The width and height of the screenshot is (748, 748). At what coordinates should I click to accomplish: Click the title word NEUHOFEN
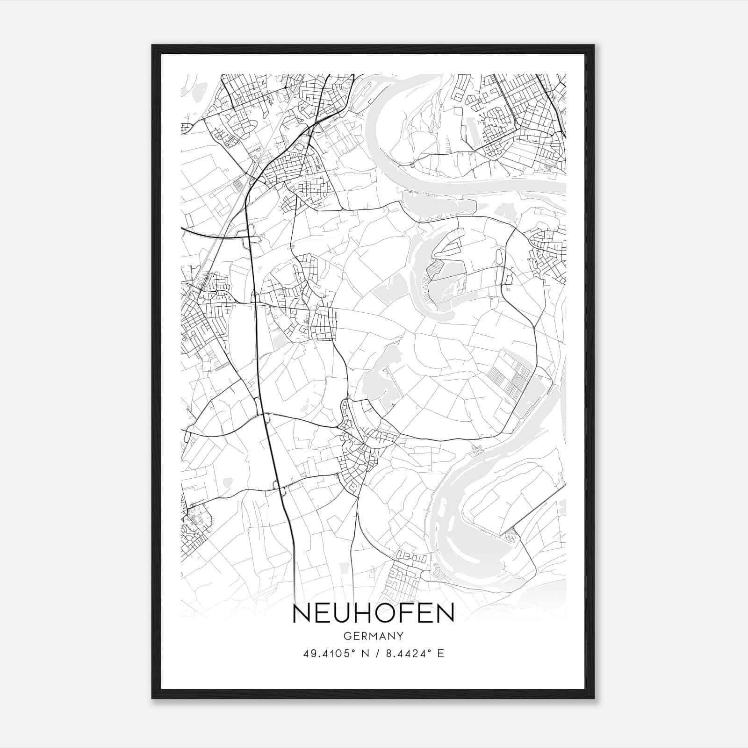pos(374,614)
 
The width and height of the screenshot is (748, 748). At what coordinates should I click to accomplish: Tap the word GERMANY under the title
pos(374,636)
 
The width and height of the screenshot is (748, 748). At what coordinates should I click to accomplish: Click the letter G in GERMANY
pos(346,636)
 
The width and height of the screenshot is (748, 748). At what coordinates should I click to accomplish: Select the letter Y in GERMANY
pos(401,636)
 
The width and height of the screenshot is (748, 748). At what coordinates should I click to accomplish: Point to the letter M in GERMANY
pos(374,636)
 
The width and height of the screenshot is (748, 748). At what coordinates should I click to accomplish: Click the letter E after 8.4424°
pos(441,654)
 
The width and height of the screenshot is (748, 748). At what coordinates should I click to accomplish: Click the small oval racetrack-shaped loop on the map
pos(499,256)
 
